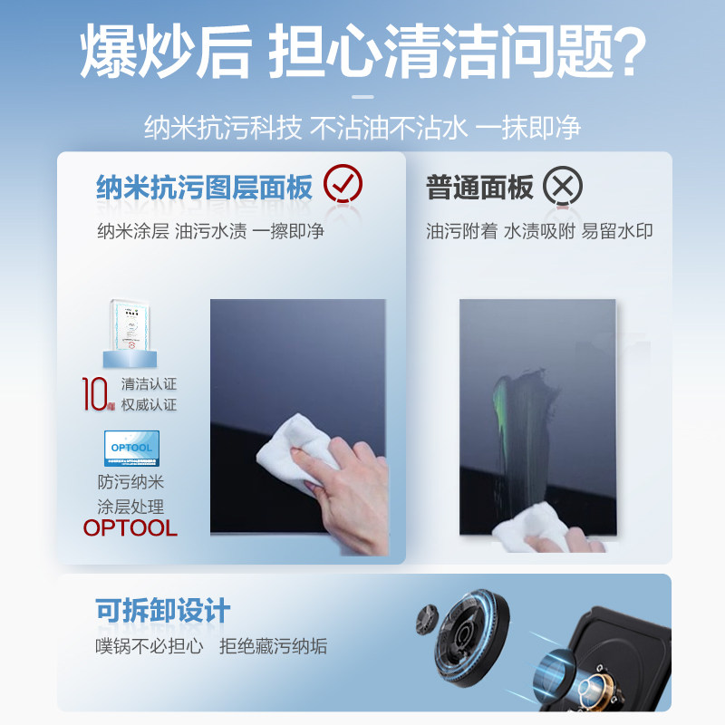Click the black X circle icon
(x=563, y=188)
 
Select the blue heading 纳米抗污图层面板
(x=204, y=188)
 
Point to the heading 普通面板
(x=479, y=188)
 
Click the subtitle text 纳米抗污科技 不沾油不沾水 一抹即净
(x=362, y=127)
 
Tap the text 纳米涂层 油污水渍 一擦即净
(x=210, y=231)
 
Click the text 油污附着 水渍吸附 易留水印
(x=539, y=231)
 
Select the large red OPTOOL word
(x=130, y=529)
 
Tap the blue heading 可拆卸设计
(x=163, y=611)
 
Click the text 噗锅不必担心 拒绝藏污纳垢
(x=210, y=647)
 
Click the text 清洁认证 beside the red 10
(x=149, y=383)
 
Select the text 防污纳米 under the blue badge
(x=130, y=483)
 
